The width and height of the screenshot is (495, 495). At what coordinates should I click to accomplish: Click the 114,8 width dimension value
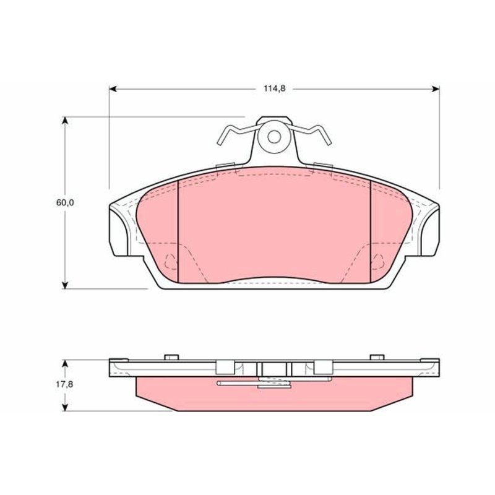[274, 88]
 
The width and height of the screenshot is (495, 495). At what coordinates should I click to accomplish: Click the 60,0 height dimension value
[65, 203]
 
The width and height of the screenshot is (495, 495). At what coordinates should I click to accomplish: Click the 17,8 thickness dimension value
[65, 384]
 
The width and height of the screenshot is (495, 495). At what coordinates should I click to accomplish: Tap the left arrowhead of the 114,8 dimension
[113, 89]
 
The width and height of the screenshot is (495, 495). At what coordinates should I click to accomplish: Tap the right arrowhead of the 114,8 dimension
[436, 89]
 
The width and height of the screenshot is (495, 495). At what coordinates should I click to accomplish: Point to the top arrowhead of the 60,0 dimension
[65, 121]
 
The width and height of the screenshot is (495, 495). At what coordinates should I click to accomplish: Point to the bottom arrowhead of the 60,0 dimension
[65, 285]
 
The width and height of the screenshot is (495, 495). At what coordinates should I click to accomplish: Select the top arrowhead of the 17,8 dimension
[65, 364]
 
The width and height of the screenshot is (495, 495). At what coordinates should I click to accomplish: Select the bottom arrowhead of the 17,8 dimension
[65, 407]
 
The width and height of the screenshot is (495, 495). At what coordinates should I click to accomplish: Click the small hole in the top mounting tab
[274, 137]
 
